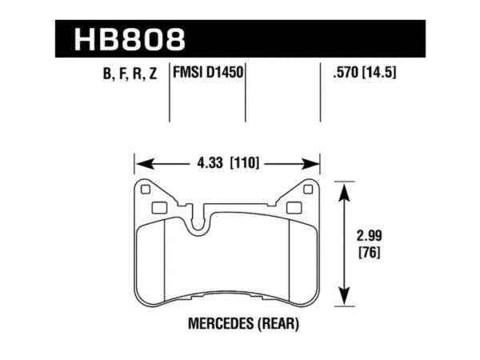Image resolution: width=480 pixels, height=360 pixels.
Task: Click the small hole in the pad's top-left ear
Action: pos(145,190)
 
